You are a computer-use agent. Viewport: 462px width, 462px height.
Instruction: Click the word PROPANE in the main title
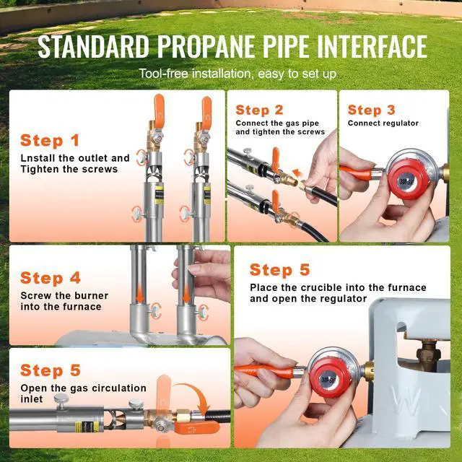pos(207,46)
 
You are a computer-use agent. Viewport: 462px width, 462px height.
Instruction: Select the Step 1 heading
pos(50,140)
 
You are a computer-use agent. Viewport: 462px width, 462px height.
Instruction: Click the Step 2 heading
pos(259,110)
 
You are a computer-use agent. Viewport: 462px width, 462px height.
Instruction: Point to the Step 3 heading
pos(371,110)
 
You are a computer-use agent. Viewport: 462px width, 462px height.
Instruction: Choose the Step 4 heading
pos(51,278)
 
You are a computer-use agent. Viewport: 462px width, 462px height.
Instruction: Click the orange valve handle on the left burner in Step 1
pos(159,108)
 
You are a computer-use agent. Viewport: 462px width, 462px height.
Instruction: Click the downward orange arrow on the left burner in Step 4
pos(140,295)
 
